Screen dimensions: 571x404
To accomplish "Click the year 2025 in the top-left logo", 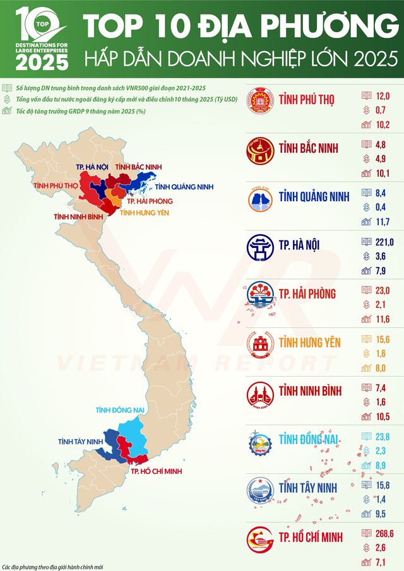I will click(x=42, y=61).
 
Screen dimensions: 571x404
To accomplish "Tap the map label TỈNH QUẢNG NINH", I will click(x=184, y=187).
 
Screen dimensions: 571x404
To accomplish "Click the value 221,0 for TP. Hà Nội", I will click(x=384, y=242).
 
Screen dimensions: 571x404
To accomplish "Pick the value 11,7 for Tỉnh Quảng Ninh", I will click(x=383, y=221).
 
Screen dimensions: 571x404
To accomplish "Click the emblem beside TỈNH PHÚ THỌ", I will click(x=259, y=100).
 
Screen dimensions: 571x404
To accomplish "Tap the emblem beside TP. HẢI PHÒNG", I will click(x=259, y=294).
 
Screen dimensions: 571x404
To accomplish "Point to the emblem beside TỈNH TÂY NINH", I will click(x=259, y=488).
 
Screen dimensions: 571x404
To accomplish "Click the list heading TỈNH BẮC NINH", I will click(x=309, y=148).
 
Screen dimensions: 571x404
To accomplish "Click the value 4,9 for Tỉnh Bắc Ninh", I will click(x=381, y=158).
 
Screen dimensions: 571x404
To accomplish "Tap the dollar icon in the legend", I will click(x=6, y=100).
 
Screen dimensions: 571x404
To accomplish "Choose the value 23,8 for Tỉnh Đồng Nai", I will click(x=383, y=436).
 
